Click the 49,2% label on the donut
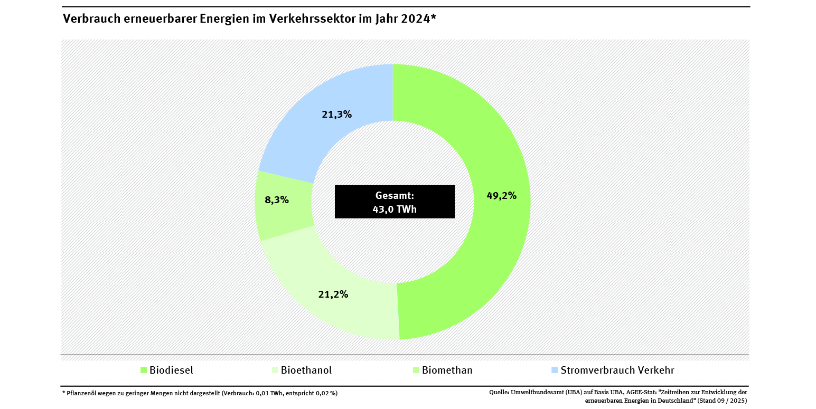(x=501, y=196)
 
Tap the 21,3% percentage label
(x=336, y=114)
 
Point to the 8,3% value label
(x=276, y=200)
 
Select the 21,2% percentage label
(x=333, y=294)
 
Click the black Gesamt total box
(x=395, y=202)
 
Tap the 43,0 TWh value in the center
(x=395, y=209)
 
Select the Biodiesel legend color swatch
(x=143, y=370)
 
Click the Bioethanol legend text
(x=306, y=370)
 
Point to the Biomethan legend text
(x=447, y=370)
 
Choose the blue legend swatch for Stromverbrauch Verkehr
(x=554, y=370)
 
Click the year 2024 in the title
(x=415, y=18)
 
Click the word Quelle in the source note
(x=499, y=392)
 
